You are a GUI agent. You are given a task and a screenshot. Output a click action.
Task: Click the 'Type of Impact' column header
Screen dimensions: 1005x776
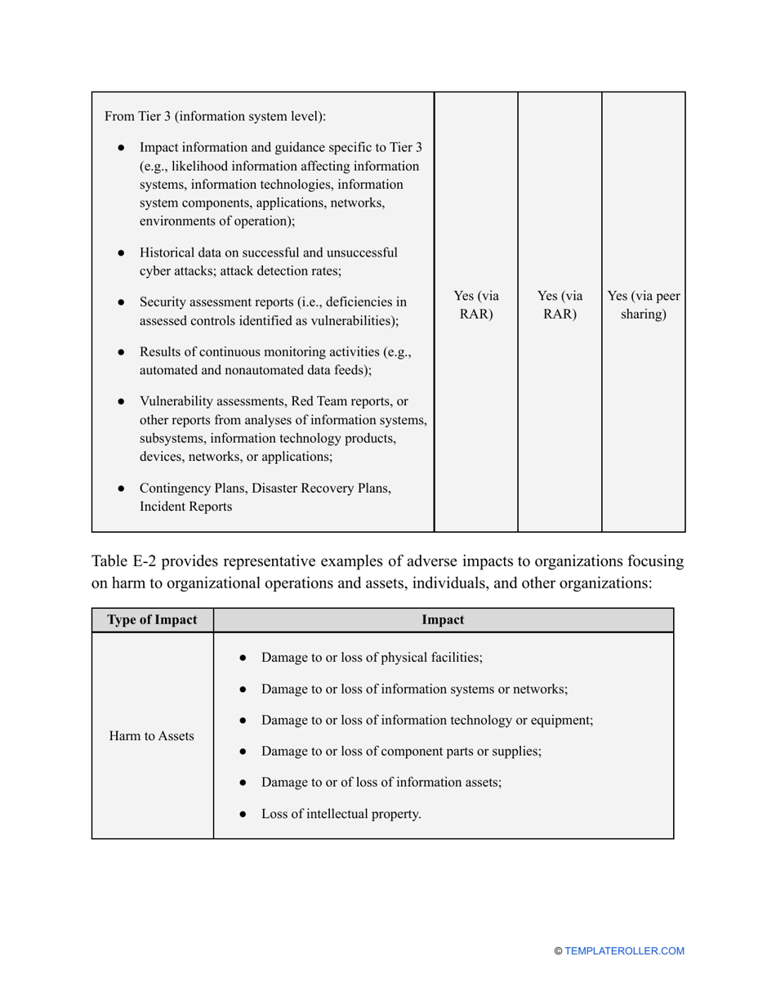pyautogui.click(x=153, y=619)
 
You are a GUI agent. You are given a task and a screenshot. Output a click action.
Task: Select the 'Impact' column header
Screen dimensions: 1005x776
pyautogui.click(x=443, y=619)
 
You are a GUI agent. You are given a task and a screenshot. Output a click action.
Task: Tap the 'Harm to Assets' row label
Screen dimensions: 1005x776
pyautogui.click(x=152, y=736)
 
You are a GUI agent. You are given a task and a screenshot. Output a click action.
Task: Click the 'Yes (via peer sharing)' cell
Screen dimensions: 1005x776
pyautogui.click(x=644, y=305)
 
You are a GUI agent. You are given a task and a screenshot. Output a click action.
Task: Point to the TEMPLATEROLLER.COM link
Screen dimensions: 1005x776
pyautogui.click(x=624, y=951)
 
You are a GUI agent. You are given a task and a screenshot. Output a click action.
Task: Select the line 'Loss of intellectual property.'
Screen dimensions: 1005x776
pyautogui.click(x=341, y=813)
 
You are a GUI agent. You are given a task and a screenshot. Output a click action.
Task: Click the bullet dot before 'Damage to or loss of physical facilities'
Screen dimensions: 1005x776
pyautogui.click(x=243, y=659)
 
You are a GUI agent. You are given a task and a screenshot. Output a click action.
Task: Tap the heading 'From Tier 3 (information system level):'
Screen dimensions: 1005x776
pyautogui.click(x=215, y=116)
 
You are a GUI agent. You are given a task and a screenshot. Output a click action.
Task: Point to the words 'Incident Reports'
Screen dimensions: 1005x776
pyautogui.click(x=185, y=507)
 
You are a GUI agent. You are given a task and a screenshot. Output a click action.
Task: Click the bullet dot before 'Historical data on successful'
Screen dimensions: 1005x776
pyautogui.click(x=121, y=253)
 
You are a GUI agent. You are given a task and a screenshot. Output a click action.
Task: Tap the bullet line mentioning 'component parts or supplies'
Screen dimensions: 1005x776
pyautogui.click(x=401, y=751)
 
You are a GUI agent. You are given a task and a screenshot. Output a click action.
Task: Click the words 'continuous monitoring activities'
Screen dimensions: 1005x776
pyautogui.click(x=293, y=352)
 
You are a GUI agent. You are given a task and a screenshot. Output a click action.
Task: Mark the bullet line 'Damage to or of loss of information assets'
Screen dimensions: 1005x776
pyautogui.click(x=381, y=782)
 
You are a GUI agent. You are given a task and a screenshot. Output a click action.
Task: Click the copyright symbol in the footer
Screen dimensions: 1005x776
pyautogui.click(x=558, y=951)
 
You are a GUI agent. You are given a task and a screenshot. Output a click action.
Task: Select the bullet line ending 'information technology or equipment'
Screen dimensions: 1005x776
pyautogui.click(x=426, y=720)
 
